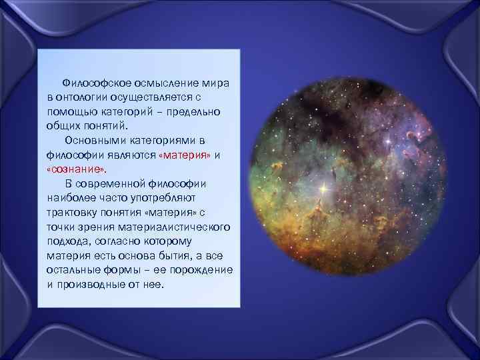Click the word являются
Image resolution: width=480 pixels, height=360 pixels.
pos(134,155)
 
